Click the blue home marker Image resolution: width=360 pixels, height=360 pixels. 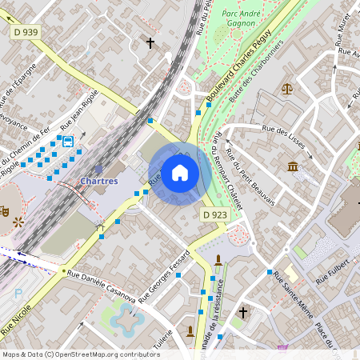coord(180,173)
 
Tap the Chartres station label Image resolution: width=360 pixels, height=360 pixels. coord(99,181)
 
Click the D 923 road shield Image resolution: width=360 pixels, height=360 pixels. coord(214,214)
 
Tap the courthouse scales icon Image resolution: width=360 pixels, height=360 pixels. coord(288,86)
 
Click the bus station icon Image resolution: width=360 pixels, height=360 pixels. coord(68,142)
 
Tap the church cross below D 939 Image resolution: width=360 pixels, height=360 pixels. coord(150,42)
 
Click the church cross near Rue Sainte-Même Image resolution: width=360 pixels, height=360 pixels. coord(243,312)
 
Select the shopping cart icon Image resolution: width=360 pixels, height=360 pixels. coord(282,348)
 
